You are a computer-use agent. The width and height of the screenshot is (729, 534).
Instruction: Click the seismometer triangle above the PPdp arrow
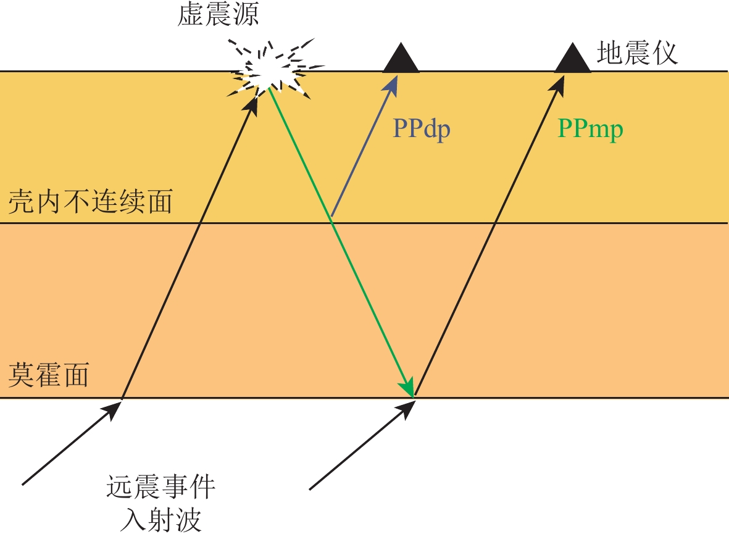click(401, 59)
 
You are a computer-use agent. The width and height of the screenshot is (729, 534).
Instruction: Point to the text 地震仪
click(637, 54)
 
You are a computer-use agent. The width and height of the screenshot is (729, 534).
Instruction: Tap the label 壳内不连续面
click(91, 202)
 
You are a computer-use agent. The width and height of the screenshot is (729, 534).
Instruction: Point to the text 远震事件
click(160, 489)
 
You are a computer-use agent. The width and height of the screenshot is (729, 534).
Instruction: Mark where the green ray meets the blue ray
click(332, 217)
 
